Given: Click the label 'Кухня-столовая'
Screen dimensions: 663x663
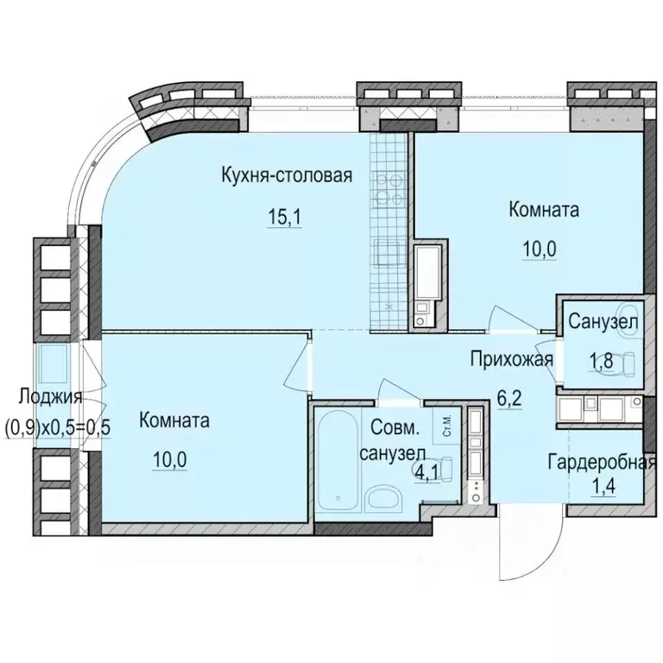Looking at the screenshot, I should pos(285,176).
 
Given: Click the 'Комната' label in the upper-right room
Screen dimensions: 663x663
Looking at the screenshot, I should pos(544,210).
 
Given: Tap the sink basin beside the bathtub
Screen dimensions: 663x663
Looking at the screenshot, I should pos(379,499).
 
